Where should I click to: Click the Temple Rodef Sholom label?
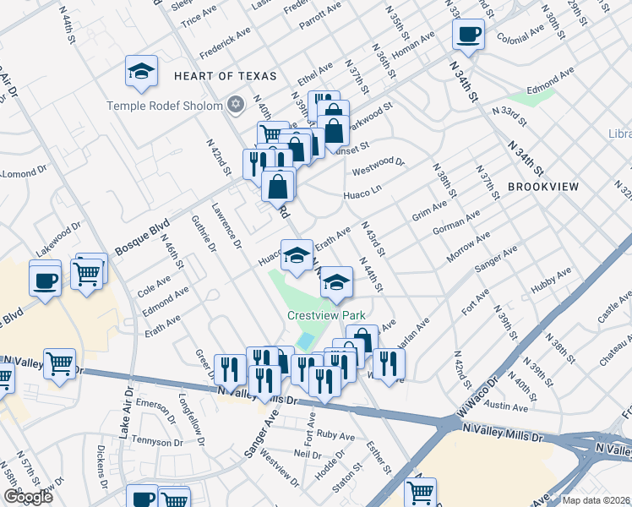pos(165,106)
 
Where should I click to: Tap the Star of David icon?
pos(237,106)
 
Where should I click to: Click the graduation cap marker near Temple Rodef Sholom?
pos(142,72)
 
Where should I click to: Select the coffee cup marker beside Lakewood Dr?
pos(45,279)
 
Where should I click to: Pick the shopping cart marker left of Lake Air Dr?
pos(59,364)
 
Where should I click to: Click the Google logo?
pos(28,497)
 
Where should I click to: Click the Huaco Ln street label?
pos(364,196)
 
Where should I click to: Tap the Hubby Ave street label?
pos(552,281)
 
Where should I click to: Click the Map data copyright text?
pos(596,500)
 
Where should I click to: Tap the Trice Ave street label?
pos(199,15)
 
